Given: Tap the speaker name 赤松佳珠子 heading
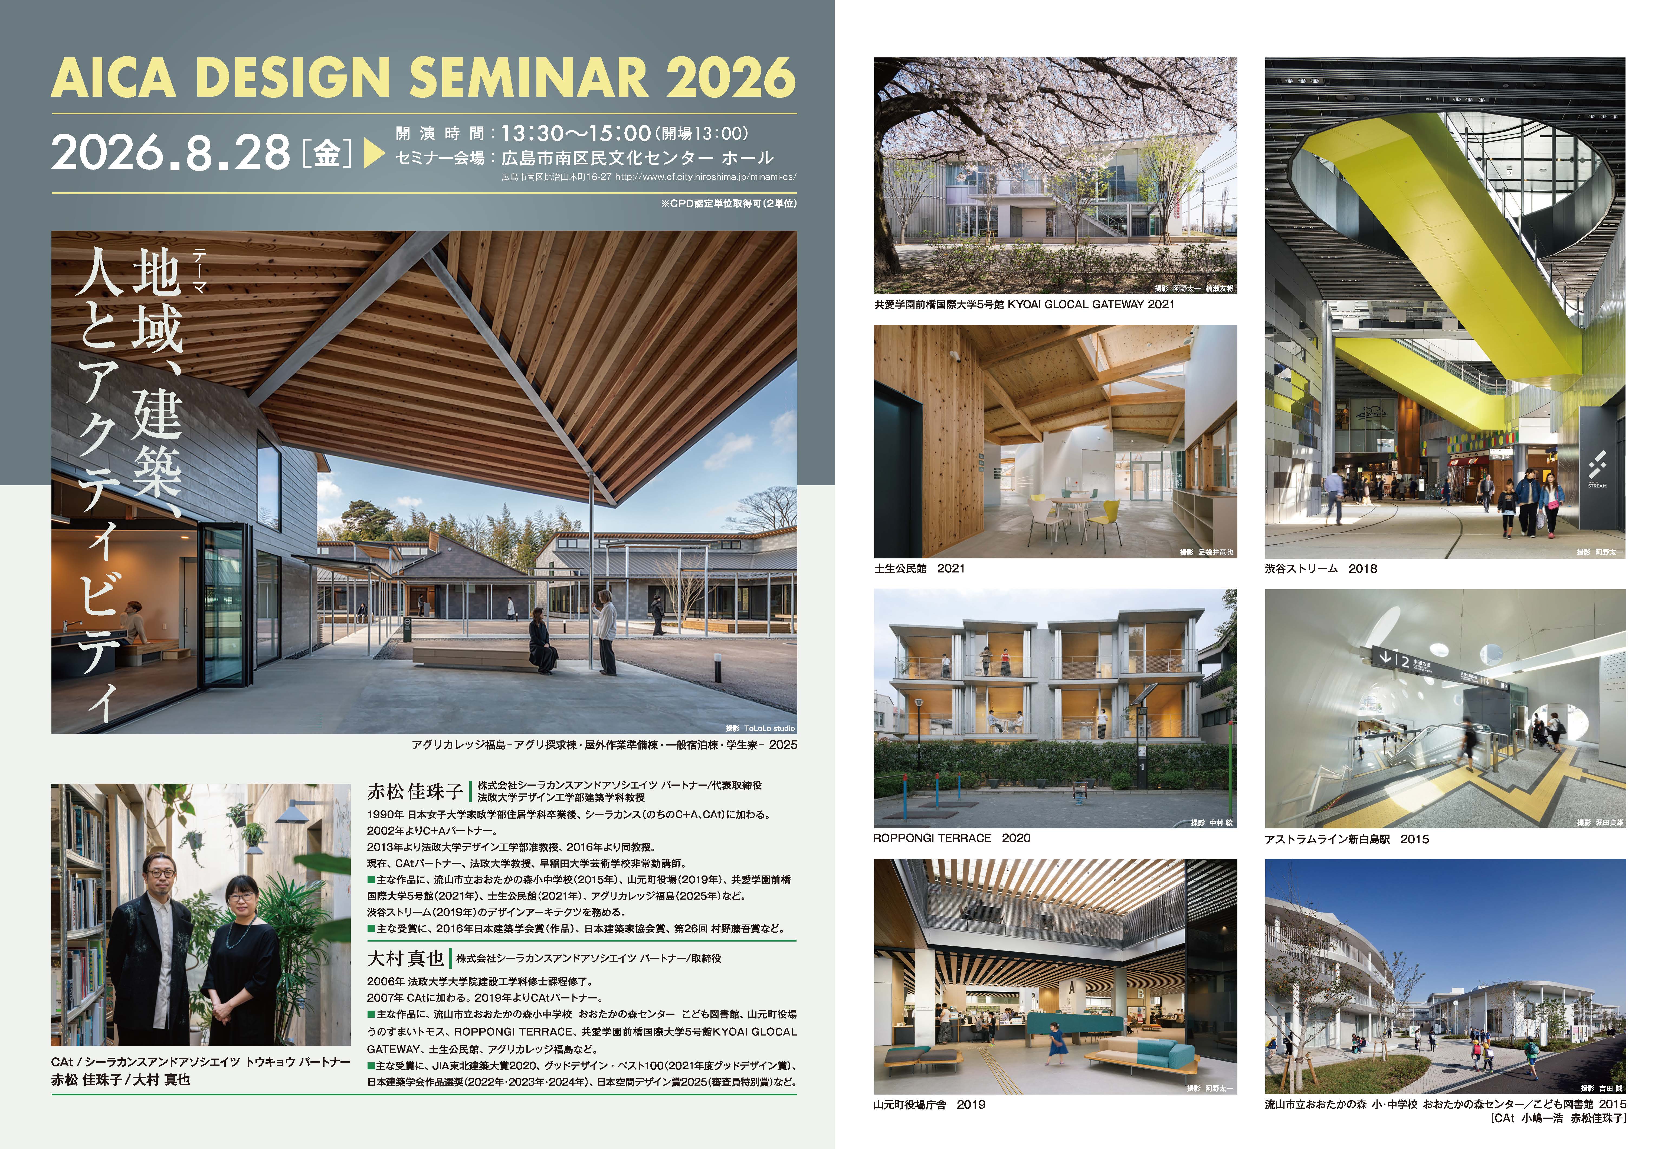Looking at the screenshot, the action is pos(414,791).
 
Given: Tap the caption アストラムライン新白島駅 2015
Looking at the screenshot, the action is pos(1346,839).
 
